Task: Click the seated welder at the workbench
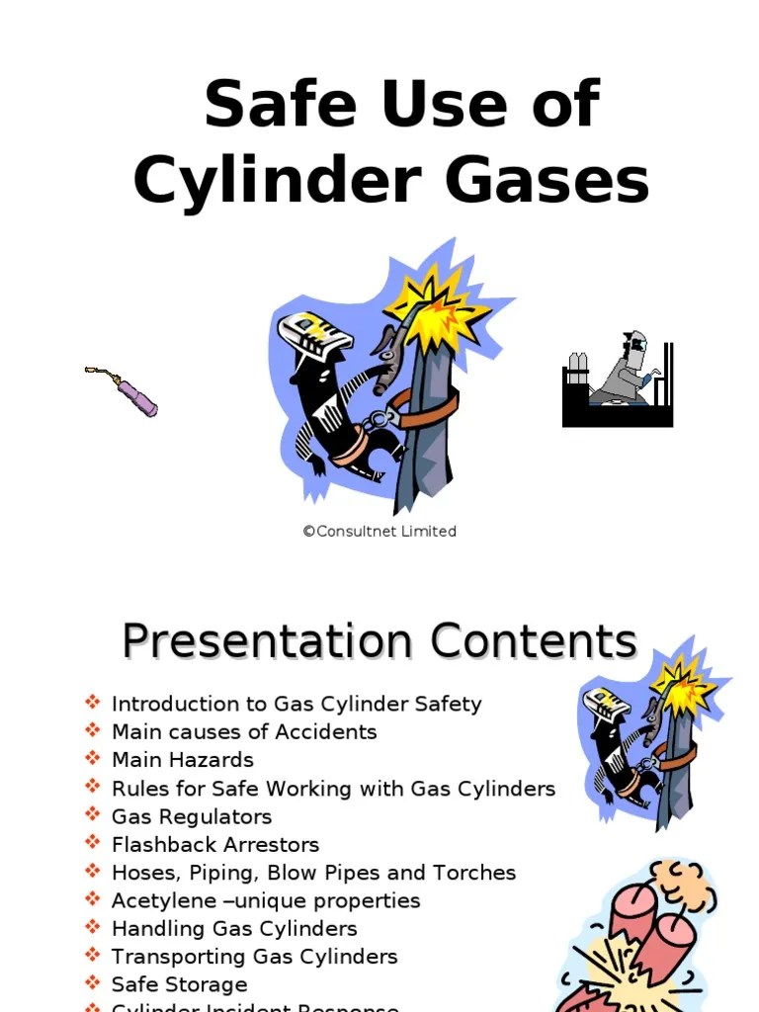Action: point(623,376)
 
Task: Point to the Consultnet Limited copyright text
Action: point(379,531)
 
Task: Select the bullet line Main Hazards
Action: point(183,760)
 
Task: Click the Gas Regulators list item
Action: point(192,816)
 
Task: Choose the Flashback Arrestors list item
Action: point(215,845)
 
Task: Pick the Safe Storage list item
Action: point(179,984)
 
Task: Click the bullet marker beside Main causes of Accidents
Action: point(93,731)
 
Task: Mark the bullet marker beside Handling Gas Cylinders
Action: point(93,928)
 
